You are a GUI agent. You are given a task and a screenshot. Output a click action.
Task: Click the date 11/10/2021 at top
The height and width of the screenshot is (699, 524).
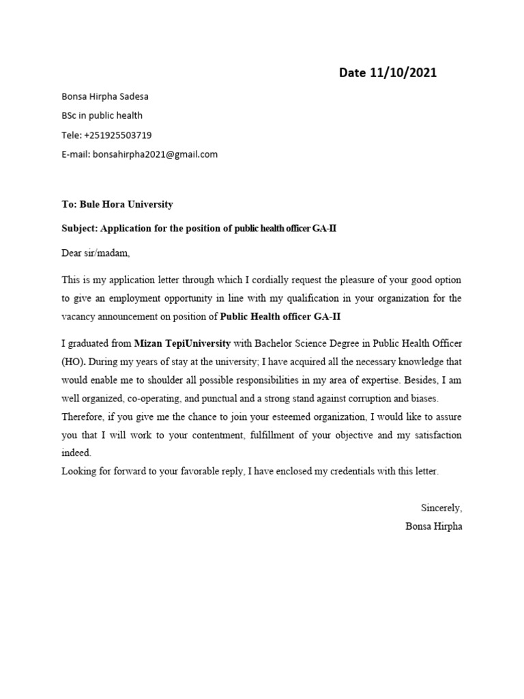(403, 73)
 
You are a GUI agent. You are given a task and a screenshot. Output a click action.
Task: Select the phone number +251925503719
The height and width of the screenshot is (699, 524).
(117, 135)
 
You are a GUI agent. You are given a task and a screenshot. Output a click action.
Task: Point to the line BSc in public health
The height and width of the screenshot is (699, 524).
(102, 115)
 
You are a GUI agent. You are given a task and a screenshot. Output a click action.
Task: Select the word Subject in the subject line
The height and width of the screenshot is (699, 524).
(79, 229)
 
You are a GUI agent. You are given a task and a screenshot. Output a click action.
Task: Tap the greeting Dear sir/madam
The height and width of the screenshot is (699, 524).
(95, 253)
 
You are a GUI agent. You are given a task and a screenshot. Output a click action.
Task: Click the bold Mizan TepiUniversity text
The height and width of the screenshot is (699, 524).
(182, 342)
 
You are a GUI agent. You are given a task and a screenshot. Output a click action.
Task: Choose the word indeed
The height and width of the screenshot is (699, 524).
(75, 453)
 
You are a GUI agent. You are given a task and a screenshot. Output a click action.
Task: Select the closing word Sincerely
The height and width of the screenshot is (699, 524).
(441, 508)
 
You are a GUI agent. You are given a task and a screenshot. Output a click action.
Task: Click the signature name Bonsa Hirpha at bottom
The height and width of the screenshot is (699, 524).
(433, 526)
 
